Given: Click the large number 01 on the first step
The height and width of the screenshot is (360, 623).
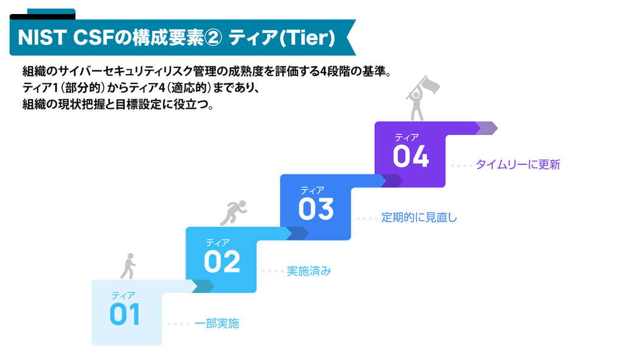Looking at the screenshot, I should tap(125, 314).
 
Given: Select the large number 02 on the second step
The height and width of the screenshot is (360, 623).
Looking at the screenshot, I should tap(221, 262).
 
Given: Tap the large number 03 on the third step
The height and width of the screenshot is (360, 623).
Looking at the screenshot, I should tap(316, 209).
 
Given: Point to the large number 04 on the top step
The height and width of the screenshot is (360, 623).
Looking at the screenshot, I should tap(411, 156).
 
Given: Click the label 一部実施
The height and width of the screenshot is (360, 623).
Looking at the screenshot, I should tap(217, 324).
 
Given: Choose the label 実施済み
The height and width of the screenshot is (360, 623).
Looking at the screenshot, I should tap(309, 271).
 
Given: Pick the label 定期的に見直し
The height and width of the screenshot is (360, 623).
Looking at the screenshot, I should tap(419, 218).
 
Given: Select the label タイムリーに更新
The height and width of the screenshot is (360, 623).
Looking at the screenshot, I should tap(518, 164).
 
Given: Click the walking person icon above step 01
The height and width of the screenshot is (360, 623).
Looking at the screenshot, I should tap(129, 265).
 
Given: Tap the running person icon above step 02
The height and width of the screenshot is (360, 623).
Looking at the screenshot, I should tap(233, 212).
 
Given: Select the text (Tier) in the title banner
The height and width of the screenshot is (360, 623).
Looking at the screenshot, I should tap(307, 38).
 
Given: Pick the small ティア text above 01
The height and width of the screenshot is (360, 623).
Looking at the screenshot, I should tap(123, 296).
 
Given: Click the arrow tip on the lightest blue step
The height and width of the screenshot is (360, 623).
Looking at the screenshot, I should tap(205, 286).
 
